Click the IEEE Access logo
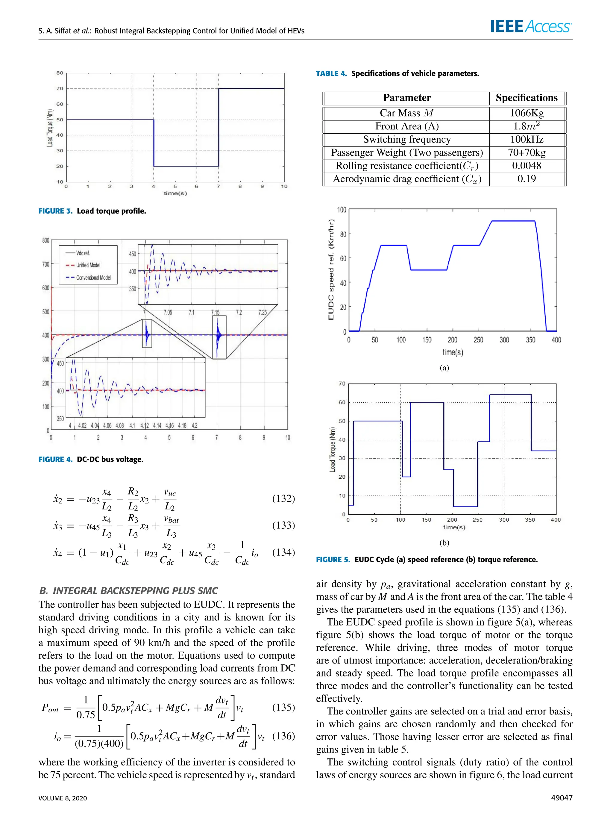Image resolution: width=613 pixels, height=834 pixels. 531,26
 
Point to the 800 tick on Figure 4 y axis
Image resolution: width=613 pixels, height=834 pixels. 45,241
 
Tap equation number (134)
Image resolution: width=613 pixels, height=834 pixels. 283,552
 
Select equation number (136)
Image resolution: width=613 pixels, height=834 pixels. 283,736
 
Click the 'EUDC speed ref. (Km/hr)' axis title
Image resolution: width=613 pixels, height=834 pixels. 331,270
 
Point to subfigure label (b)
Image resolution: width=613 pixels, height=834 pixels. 444,543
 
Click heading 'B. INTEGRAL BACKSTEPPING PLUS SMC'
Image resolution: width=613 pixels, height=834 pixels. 128,590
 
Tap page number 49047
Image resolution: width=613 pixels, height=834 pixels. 562,798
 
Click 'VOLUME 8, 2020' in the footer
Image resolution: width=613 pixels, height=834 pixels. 63,798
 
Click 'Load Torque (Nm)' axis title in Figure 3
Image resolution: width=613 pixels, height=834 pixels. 49,128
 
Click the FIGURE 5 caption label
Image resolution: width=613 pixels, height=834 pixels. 333,559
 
